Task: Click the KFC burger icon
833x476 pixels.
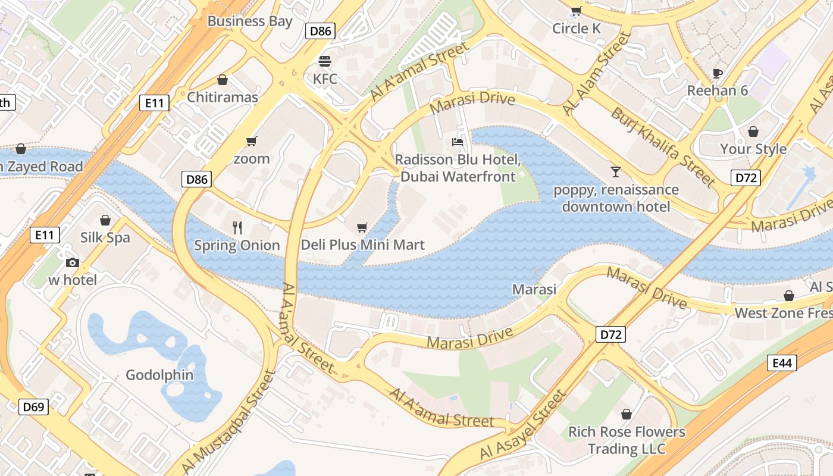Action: (325, 61)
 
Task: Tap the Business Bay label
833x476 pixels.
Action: (249, 21)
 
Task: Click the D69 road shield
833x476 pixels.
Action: (33, 407)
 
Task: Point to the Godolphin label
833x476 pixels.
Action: (159, 375)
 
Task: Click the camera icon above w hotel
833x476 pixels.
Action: (72, 262)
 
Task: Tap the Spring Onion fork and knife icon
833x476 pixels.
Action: (237, 227)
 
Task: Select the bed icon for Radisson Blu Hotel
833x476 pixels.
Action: (457, 142)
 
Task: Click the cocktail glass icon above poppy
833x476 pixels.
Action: (615, 172)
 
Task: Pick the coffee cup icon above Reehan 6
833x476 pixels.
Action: (718, 73)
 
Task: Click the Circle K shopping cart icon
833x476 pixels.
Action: (576, 11)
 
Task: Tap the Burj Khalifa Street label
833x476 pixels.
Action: (663, 146)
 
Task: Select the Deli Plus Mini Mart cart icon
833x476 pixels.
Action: (362, 227)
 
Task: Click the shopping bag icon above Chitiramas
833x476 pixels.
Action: (223, 79)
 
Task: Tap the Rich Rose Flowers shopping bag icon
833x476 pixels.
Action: (626, 414)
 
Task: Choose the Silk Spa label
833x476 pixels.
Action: (105, 237)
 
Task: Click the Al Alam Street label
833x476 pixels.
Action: (596, 74)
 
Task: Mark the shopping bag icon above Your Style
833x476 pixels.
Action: (753, 131)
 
